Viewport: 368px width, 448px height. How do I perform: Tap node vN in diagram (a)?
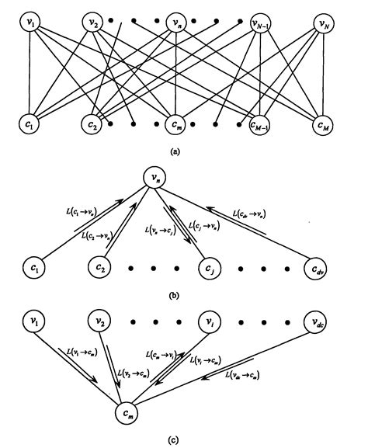(325, 24)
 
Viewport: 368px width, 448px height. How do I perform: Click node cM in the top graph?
(325, 123)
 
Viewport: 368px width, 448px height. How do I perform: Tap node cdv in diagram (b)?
(317, 268)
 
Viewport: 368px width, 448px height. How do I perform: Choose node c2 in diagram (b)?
(98, 268)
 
